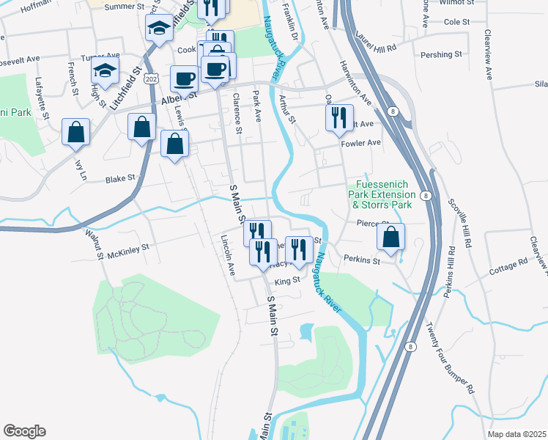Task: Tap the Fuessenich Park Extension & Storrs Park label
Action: point(385,194)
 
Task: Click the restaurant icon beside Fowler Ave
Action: point(338,117)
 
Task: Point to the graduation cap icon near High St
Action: point(105,71)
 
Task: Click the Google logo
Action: point(24,431)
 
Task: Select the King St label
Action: point(288,280)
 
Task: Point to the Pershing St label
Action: point(441,54)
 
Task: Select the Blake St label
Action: point(120,178)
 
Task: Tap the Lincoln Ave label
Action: point(228,256)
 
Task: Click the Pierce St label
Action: point(371,223)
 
